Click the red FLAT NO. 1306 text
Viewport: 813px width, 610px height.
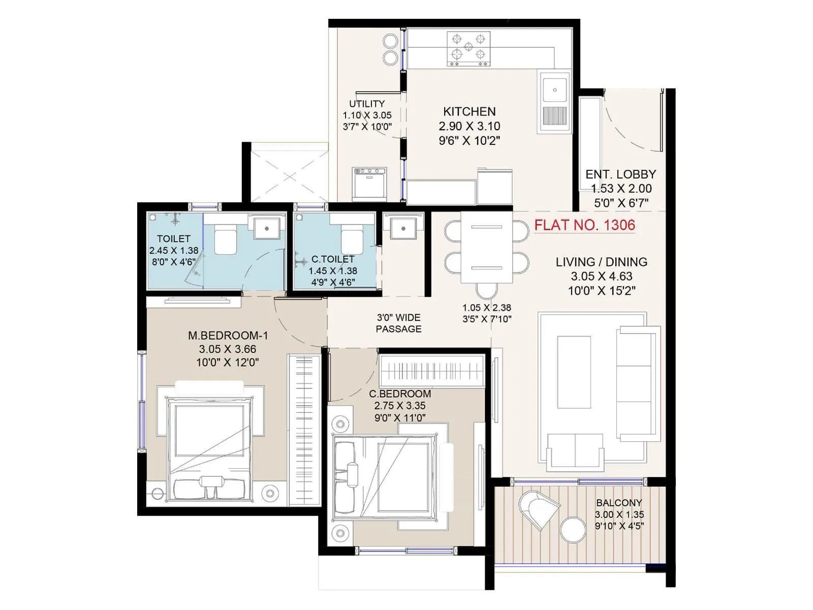[584, 225]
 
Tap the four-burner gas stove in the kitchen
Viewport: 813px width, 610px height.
[468, 49]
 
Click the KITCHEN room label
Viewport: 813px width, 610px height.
[469, 112]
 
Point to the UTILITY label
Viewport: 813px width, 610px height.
[367, 104]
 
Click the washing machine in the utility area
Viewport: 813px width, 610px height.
[369, 184]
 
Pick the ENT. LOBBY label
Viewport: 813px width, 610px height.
[620, 174]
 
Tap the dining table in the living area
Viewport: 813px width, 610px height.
[486, 247]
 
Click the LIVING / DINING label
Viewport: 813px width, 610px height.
[601, 262]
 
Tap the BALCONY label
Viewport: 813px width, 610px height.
[619, 503]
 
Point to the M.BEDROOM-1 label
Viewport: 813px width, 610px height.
[228, 335]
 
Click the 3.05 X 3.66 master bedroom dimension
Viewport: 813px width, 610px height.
[228, 349]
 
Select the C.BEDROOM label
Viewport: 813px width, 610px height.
[400, 394]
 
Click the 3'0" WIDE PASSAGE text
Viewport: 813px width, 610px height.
[398, 323]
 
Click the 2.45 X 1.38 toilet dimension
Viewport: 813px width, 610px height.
[174, 251]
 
